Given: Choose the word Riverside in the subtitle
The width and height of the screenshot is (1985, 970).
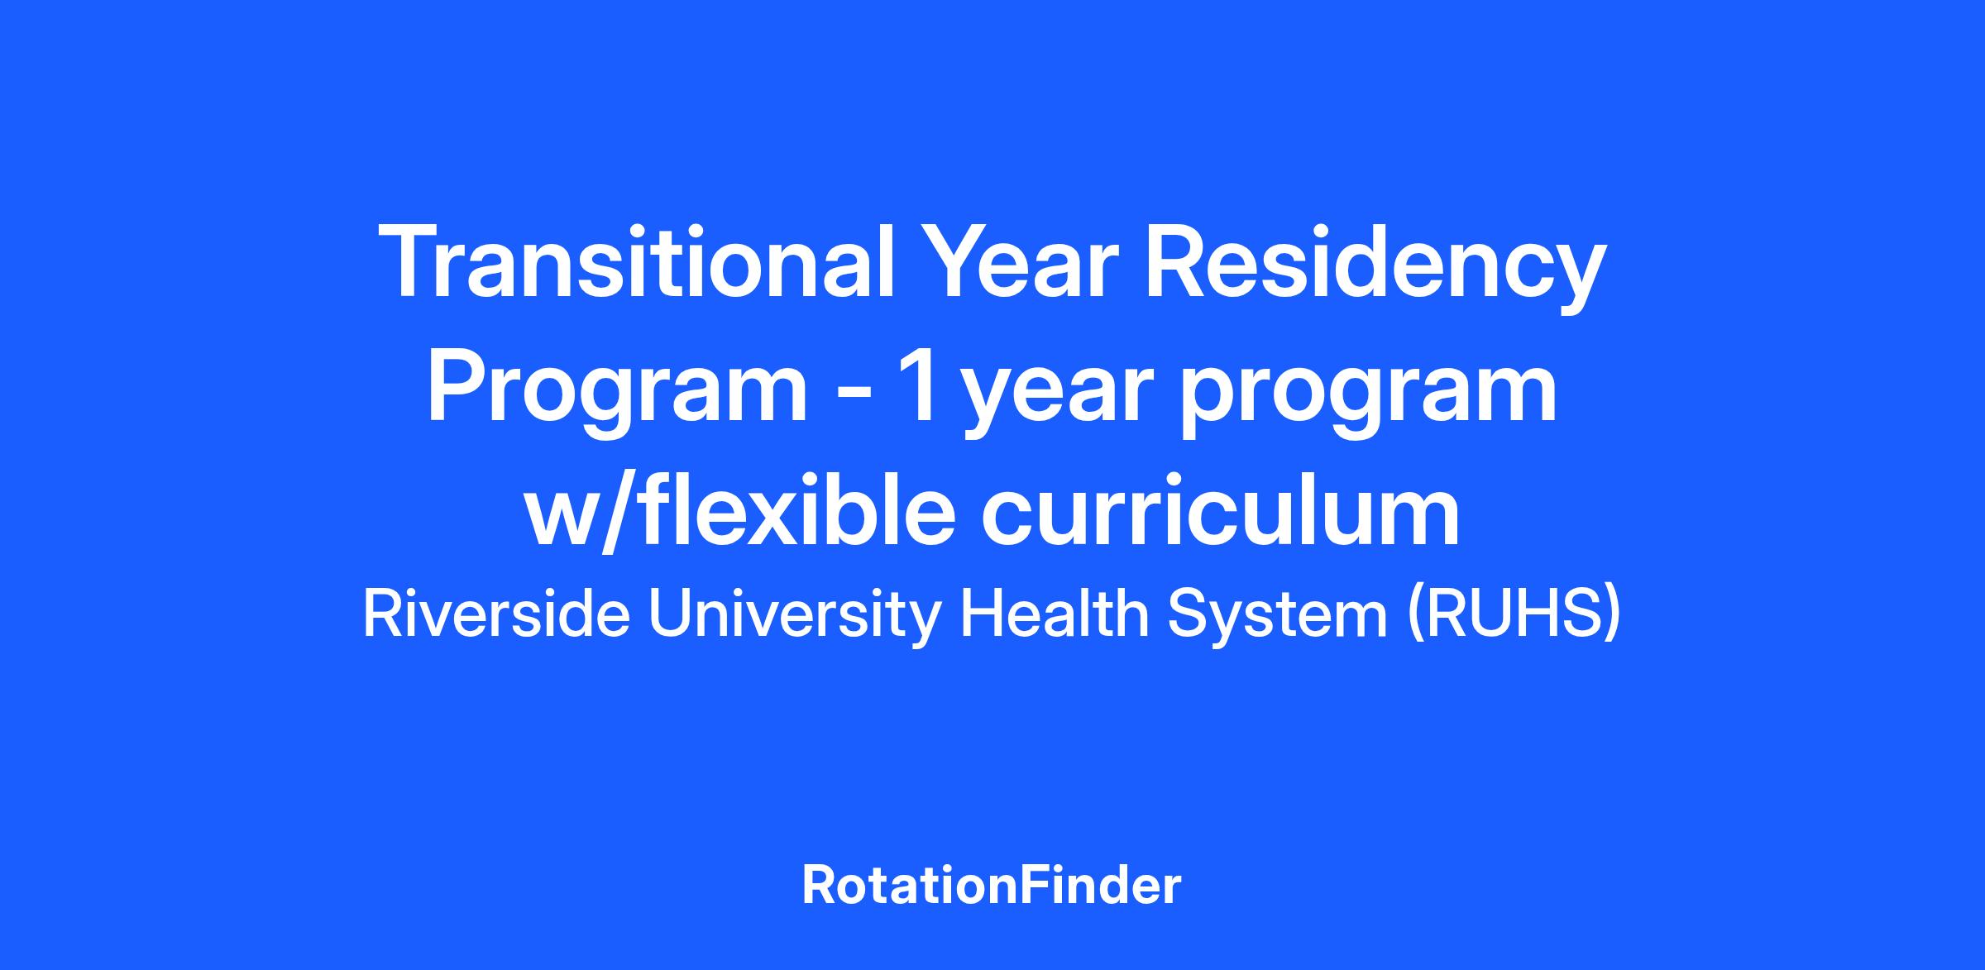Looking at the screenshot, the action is click(x=496, y=615).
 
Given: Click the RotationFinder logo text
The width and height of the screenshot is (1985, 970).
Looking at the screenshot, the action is click(x=992, y=886).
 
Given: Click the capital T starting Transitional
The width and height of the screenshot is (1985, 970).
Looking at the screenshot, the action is click(x=407, y=261).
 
